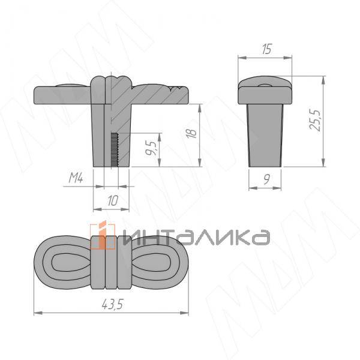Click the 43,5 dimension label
click(112, 305)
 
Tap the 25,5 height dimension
click(314, 121)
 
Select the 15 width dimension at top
click(266, 49)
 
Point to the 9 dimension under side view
click(266, 179)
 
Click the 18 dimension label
click(191, 133)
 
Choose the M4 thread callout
click(76, 178)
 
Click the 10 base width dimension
click(113, 200)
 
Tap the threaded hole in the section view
click(115, 149)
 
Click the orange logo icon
click(103, 235)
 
